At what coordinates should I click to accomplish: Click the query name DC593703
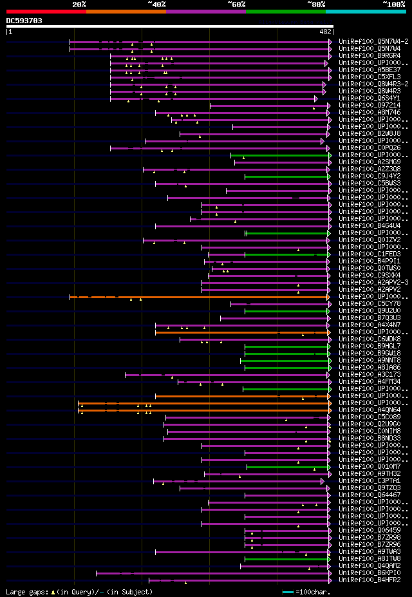pyautogui.click(x=24, y=21)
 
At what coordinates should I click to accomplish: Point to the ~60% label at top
pyautogui.click(x=236, y=5)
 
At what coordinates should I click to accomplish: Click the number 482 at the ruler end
pyautogui.click(x=326, y=31)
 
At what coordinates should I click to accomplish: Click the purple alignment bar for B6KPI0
pyautogui.click(x=212, y=573)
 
